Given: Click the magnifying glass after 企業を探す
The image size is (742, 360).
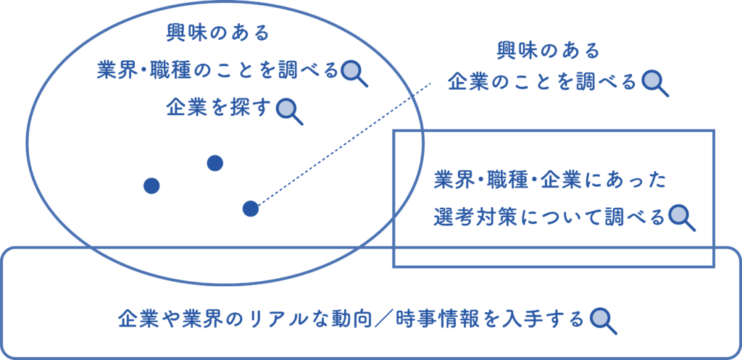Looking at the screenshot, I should click(287, 109).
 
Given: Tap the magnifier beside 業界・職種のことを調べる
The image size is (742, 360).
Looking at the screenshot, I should click(353, 71).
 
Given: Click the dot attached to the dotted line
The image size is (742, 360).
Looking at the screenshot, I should click(250, 209).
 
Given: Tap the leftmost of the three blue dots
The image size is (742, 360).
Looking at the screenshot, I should click(151, 186).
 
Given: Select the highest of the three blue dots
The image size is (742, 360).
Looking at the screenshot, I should click(214, 163).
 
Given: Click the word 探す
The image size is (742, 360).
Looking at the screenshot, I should click(253, 107).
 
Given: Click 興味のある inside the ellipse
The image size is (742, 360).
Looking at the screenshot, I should click(217, 33).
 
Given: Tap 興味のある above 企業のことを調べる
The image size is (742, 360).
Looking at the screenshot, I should click(549, 51).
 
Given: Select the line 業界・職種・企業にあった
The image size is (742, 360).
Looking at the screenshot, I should click(550, 180).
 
